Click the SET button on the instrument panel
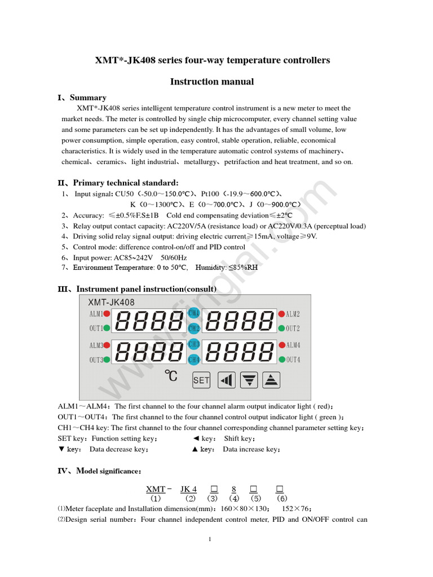coord(201,380)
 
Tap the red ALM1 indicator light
coord(106,314)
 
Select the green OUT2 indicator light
coord(281,328)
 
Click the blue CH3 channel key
coord(194,344)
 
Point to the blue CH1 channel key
coord(194,313)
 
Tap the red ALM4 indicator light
coord(281,345)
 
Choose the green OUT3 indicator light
coord(106,359)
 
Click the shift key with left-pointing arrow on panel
coord(226,380)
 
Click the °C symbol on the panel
coord(171,376)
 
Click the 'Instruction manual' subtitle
coord(212,82)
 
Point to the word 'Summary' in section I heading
coord(88,97)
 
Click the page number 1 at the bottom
coord(210,540)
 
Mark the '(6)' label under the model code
coord(283,498)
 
